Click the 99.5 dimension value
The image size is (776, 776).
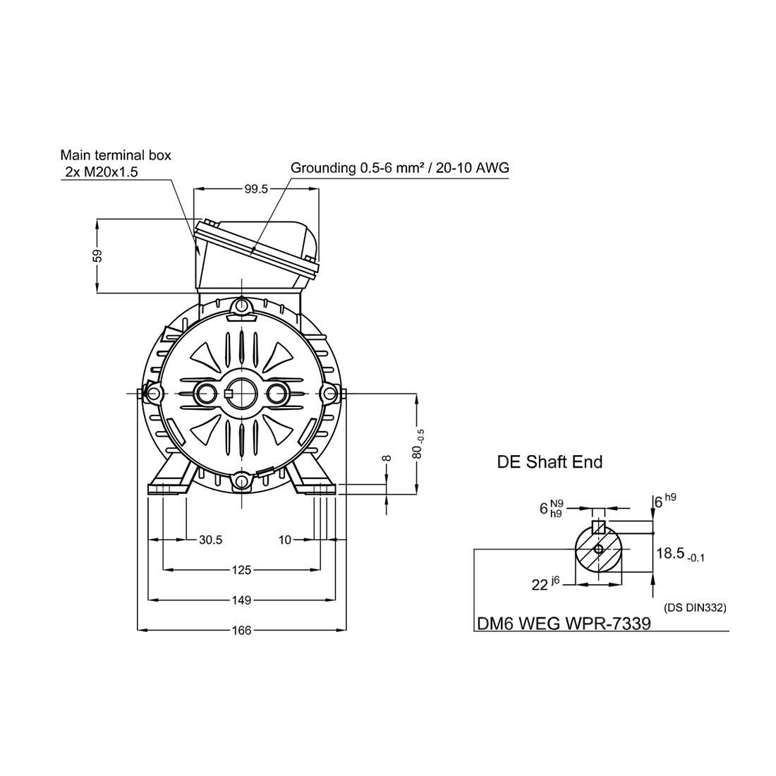click(x=256, y=189)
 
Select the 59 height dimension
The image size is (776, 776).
click(x=97, y=255)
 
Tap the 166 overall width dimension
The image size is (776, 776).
click(x=241, y=631)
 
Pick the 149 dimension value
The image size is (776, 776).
click(x=241, y=600)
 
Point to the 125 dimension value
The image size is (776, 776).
click(x=241, y=570)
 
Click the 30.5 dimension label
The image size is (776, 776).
click(x=210, y=540)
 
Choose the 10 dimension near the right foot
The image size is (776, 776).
click(x=285, y=540)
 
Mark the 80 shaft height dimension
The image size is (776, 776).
click(x=418, y=445)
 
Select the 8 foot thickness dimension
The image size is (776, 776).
click(x=387, y=459)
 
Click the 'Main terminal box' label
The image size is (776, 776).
click(x=116, y=155)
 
